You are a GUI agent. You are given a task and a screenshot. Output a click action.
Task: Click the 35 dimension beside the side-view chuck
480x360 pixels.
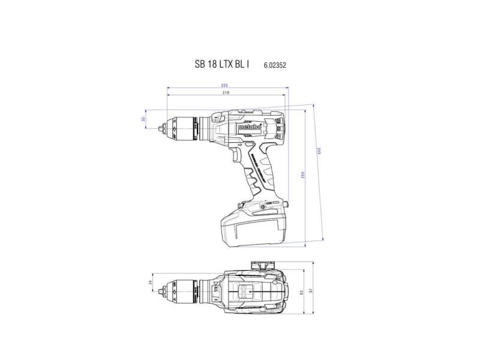(x=143, y=119)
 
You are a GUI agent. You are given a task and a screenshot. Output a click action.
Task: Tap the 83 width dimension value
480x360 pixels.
(x=303, y=292)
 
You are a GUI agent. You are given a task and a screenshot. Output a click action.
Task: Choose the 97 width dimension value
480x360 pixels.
(x=310, y=290)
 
